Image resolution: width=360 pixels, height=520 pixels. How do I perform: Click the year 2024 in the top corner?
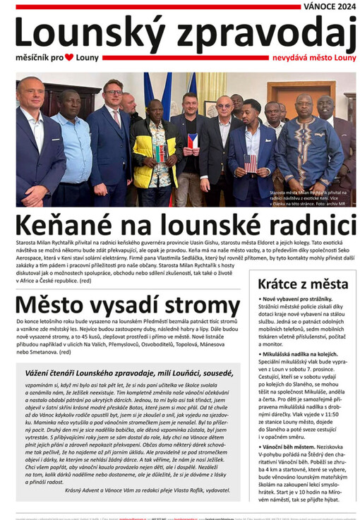click(x=341, y=6)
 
